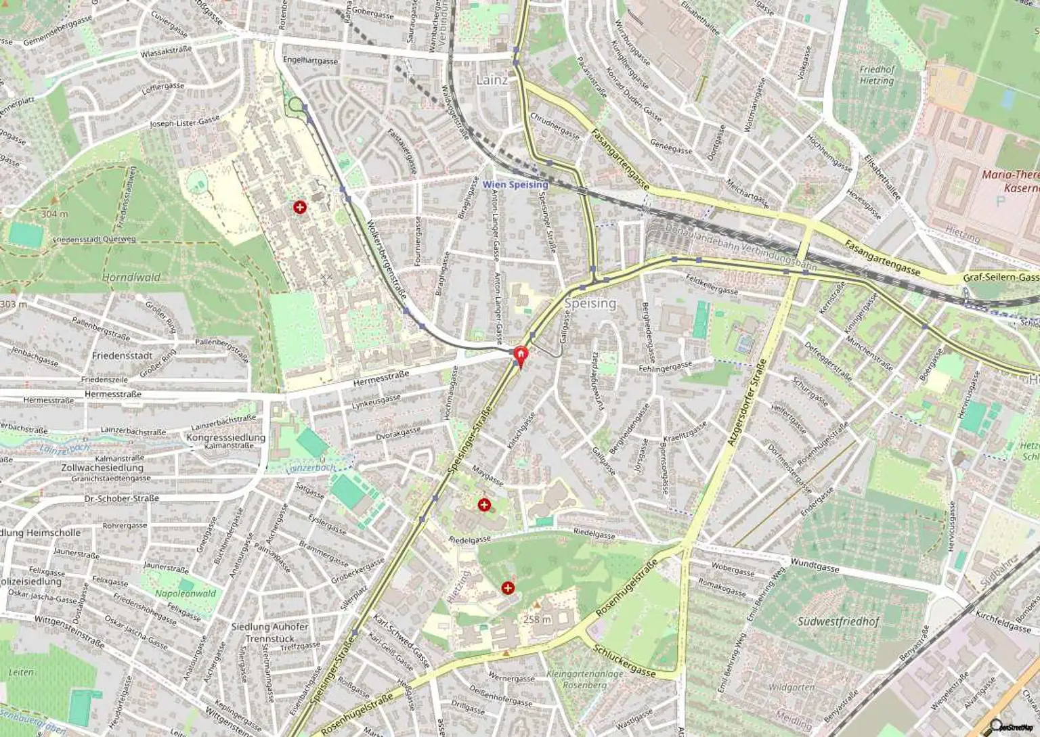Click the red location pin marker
coord(520,356)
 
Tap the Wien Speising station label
coord(515,184)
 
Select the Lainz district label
coord(492,80)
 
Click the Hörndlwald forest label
coord(131,277)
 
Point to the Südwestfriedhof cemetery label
coord(838,621)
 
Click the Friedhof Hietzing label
coord(877,74)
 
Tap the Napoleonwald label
coord(186,594)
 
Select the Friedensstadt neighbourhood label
coord(122,355)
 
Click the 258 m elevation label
coord(537,619)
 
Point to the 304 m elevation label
coord(54,214)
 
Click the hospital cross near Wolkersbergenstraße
coord(299,207)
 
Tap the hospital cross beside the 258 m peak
coord(508,588)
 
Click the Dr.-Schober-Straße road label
coord(122,498)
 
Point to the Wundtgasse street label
coord(815,564)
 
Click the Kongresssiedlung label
coord(225,437)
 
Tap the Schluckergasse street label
coord(624,661)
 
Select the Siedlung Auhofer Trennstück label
coord(269,632)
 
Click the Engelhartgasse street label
coord(310,60)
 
